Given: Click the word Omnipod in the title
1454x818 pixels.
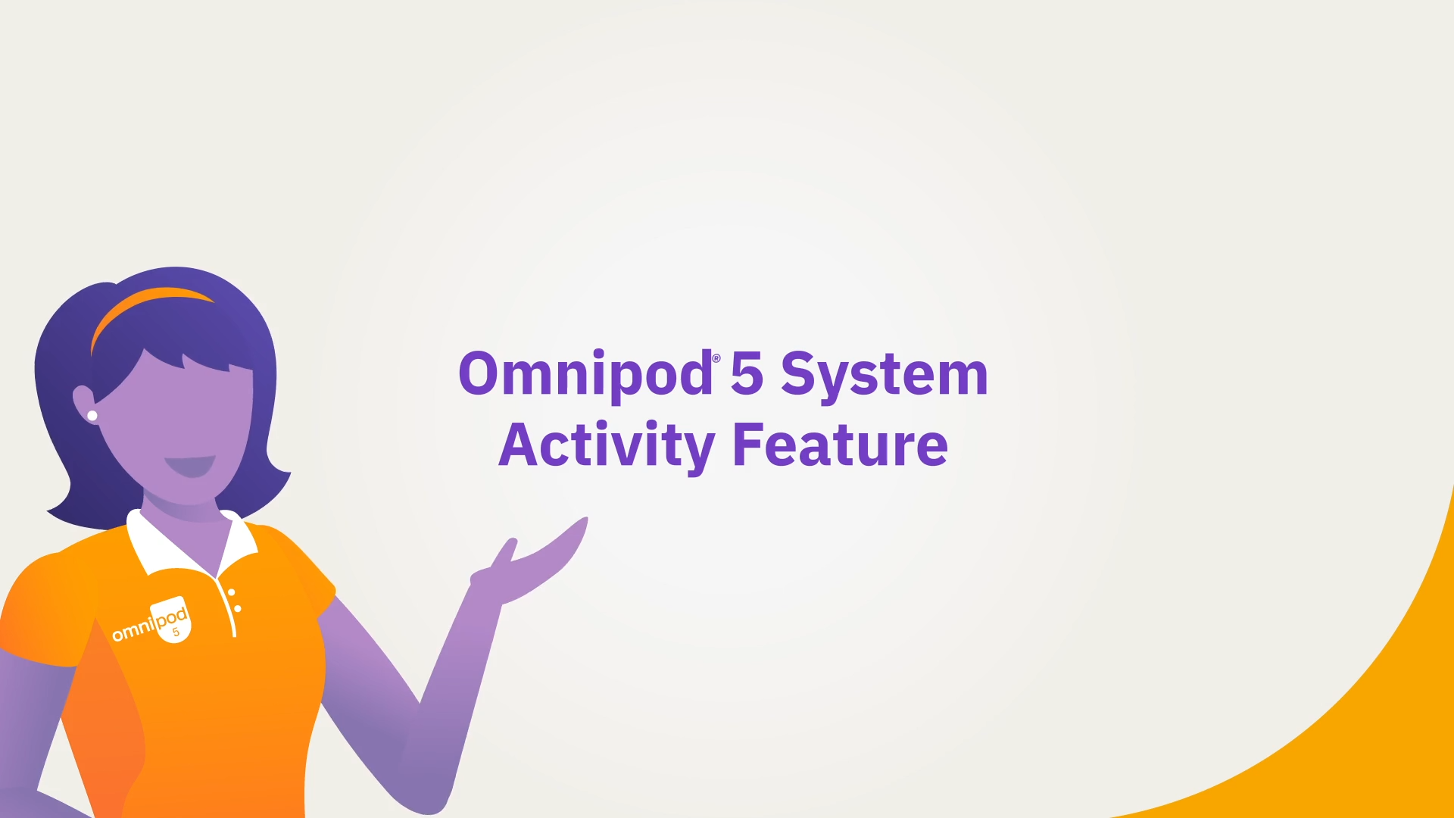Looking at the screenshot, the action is tap(585, 375).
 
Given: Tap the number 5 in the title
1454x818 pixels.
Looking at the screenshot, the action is tap(747, 373).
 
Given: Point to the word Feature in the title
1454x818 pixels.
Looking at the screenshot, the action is tap(841, 445).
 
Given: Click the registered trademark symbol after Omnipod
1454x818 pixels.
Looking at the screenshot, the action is tap(716, 359).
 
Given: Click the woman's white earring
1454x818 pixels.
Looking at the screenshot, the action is tap(92, 416).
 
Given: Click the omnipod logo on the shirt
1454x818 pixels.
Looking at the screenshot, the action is tap(151, 620).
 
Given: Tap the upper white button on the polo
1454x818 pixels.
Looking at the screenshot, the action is tap(232, 592).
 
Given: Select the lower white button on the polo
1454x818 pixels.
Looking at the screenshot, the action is tap(238, 609).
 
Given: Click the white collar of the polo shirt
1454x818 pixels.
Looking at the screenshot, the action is tap(189, 545).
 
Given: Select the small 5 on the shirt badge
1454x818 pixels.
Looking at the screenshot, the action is tap(176, 632).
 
